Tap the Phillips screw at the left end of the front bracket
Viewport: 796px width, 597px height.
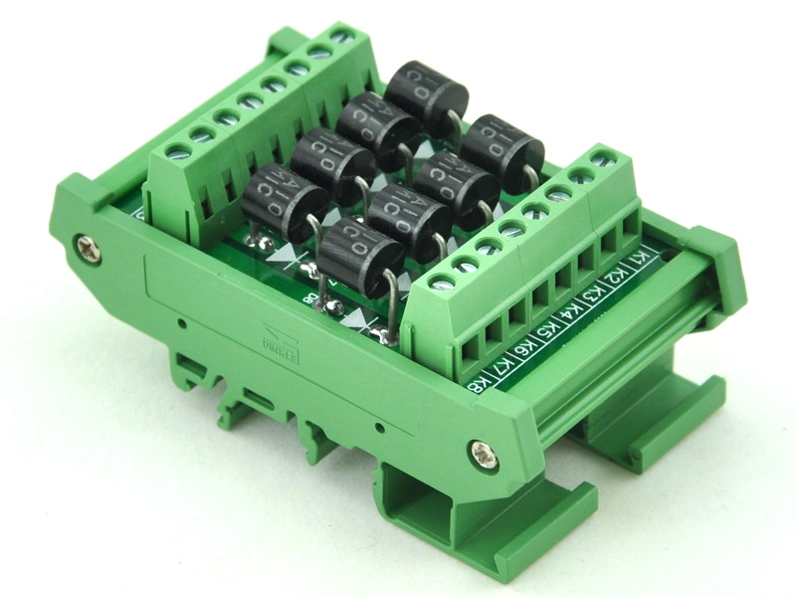84,242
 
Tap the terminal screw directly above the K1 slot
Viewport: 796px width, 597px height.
600,156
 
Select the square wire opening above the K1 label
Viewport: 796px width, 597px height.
630,230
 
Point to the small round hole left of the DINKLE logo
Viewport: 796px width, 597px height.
183,324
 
